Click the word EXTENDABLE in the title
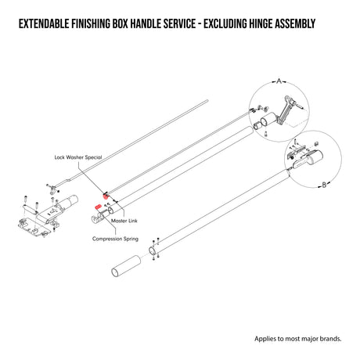[x=44, y=23]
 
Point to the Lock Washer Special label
[x=78, y=157]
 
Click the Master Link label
[x=124, y=221]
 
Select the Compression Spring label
[x=115, y=239]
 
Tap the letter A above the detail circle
[x=279, y=81]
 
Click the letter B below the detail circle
[x=324, y=185]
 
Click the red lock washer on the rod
[x=106, y=196]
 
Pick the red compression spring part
[x=99, y=207]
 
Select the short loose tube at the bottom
[x=126, y=266]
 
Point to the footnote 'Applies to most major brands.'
[x=298, y=339]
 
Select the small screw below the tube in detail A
[x=265, y=134]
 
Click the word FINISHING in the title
[x=91, y=23]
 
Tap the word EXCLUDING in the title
[x=225, y=23]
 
